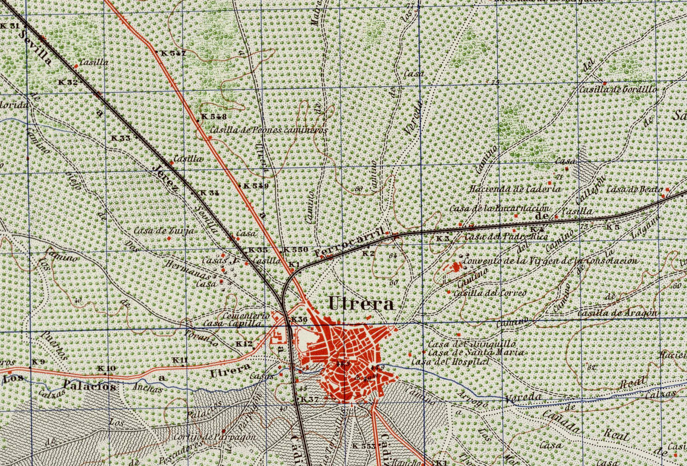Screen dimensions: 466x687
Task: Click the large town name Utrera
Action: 362,304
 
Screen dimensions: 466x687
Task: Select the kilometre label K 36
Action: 299,319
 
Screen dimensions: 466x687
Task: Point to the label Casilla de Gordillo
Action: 618,90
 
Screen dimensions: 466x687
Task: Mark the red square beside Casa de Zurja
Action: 169,238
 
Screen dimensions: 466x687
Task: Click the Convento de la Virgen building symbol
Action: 455,267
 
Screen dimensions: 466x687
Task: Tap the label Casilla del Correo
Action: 490,293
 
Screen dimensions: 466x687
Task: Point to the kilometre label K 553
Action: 364,446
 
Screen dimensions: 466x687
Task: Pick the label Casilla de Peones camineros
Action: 268,130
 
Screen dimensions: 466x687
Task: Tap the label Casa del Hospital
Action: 450,362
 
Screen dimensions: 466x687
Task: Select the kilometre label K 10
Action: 106,368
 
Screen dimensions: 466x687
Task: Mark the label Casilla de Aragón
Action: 617,313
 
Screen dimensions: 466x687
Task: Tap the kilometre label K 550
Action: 295,250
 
